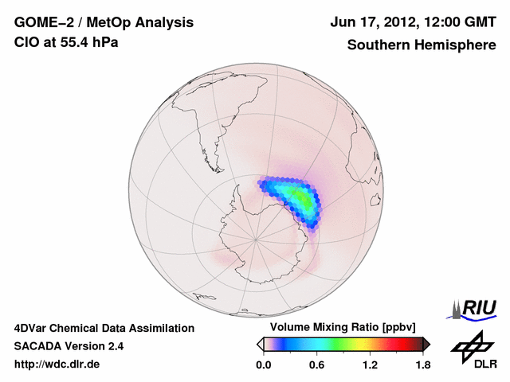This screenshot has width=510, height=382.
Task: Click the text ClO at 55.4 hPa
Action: [66, 42]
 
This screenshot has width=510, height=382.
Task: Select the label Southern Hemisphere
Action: [422, 45]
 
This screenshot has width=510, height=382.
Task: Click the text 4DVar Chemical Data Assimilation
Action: [104, 328]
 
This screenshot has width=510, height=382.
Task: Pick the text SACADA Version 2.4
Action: [69, 346]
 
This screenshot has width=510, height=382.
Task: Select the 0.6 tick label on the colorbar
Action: [316, 364]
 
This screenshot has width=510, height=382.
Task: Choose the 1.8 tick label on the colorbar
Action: [422, 364]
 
